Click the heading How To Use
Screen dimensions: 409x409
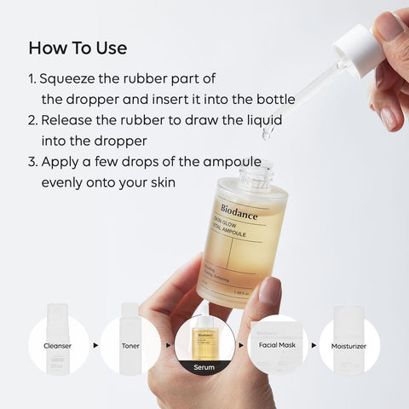pos(78,46)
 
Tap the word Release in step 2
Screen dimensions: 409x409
pos(67,120)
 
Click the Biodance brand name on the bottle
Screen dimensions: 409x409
pos(241,207)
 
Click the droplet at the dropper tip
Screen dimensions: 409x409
pos(267,134)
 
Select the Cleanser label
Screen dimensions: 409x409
pos(59,346)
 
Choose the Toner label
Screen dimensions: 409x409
pos(130,346)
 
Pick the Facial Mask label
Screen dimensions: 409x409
pos(277,346)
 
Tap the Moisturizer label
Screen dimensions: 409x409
pos(349,346)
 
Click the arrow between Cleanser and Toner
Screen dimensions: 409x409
pos(95,346)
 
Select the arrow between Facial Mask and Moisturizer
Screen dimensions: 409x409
pos(313,346)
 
